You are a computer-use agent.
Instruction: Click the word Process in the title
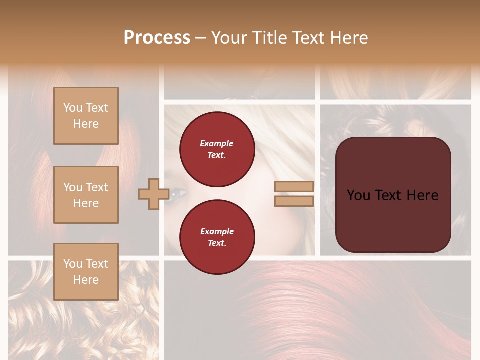point(157,37)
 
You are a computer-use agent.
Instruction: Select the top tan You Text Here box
point(86,116)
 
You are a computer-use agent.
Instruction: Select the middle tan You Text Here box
point(86,195)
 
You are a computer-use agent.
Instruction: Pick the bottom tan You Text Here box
point(86,271)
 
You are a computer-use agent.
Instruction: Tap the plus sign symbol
point(153,194)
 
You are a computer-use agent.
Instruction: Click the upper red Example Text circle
point(217,149)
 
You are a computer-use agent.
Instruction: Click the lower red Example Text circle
point(217,237)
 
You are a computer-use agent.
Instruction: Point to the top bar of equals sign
point(294,186)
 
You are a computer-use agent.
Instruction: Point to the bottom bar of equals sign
point(294,201)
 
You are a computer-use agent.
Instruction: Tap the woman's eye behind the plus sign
point(177,192)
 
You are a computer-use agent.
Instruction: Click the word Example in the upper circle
point(217,143)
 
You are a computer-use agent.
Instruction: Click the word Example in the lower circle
point(217,231)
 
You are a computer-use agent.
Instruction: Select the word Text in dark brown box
point(392,195)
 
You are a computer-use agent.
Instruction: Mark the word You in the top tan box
point(72,108)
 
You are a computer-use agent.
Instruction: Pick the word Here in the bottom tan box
point(86,280)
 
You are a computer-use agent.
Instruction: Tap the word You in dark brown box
point(358,195)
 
